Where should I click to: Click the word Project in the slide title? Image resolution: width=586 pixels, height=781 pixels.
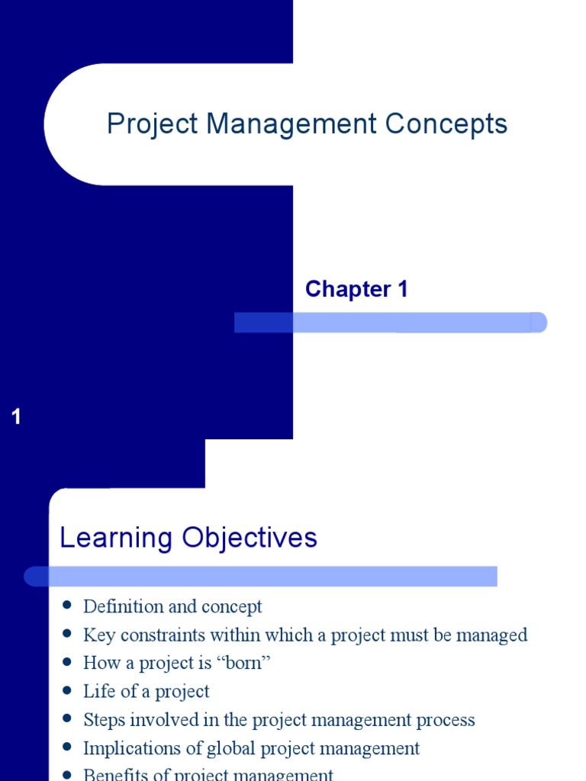[152, 124]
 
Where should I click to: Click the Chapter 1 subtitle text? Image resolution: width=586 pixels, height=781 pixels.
[356, 289]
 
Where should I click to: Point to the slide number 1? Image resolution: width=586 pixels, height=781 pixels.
[17, 417]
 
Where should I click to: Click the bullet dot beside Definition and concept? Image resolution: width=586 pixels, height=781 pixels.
[68, 606]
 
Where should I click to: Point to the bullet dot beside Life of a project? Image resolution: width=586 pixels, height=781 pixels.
[68, 690]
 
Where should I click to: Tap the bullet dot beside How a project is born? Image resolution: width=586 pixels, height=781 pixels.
[68, 662]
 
